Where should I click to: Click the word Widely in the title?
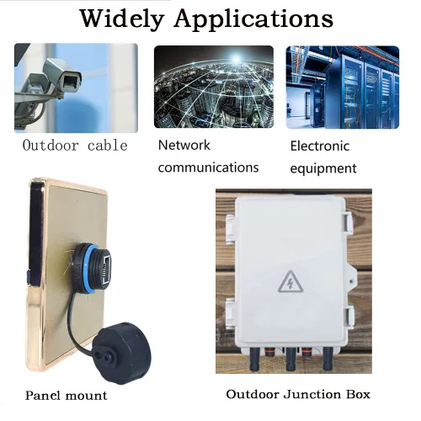(122, 19)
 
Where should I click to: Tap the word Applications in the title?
(253, 19)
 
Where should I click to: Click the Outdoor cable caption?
(75, 146)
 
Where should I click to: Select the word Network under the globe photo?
(184, 145)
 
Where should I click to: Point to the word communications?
(208, 168)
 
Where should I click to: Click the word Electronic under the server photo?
(320, 146)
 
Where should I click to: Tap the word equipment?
(323, 168)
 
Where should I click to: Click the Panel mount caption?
(67, 396)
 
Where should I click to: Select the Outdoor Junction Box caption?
(298, 394)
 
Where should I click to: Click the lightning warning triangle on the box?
(290, 282)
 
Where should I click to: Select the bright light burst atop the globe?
(236, 58)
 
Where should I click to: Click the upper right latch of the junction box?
(347, 223)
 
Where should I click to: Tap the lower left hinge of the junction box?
(230, 314)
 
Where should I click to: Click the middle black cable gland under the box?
(290, 359)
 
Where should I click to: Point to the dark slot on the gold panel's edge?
(29, 278)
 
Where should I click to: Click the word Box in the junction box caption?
(358, 394)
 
